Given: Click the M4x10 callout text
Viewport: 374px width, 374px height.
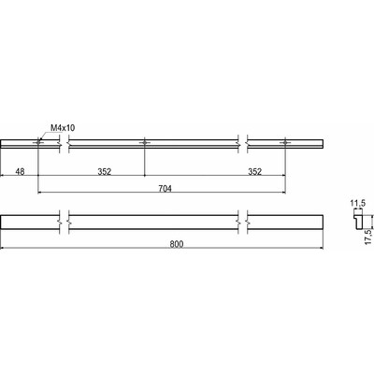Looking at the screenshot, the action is (x=63, y=127).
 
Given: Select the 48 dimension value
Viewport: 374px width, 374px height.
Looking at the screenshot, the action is (x=20, y=171).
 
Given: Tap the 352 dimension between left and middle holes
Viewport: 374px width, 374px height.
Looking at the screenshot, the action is (x=105, y=171).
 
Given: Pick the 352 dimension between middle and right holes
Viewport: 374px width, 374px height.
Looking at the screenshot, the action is (x=255, y=171).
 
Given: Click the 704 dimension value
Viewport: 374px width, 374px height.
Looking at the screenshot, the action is (x=165, y=188).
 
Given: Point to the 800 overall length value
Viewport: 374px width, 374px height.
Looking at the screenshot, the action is (x=177, y=244).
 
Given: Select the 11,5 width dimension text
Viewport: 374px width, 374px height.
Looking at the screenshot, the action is (x=358, y=204).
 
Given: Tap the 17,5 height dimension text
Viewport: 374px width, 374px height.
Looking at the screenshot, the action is (x=368, y=237).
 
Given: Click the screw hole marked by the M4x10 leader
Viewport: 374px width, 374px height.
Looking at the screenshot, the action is (x=38, y=143).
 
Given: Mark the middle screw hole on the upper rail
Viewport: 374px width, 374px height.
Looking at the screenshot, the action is (x=145, y=143).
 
